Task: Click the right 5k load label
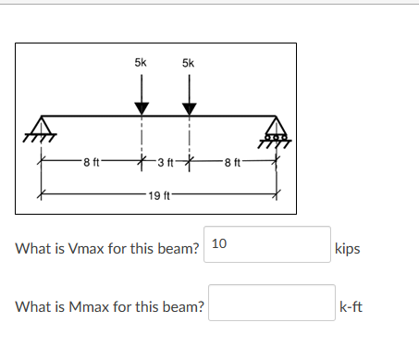[x=189, y=63]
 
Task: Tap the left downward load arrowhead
[x=141, y=107]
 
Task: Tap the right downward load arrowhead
[x=190, y=107]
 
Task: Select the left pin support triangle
[x=42, y=127]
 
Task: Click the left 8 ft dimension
[x=91, y=164]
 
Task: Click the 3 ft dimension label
[x=166, y=164]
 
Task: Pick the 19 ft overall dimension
[x=158, y=195]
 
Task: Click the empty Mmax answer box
[x=270, y=306]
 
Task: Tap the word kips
[x=349, y=250]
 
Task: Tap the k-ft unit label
[x=351, y=307]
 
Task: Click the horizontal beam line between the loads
[x=165, y=117]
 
